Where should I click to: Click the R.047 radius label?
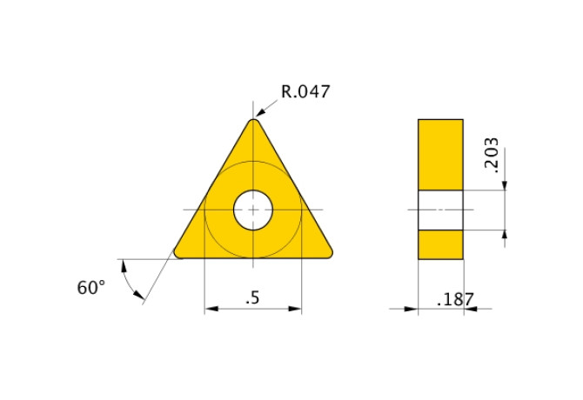point(305,91)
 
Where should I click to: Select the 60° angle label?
point(90,288)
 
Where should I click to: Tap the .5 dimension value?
point(252,298)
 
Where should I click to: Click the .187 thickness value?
point(454,300)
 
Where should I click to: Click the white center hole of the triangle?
point(253,210)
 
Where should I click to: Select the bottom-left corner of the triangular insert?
point(180,252)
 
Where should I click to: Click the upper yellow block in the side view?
point(440,154)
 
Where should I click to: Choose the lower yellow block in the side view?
point(440,244)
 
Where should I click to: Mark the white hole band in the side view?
point(440,210)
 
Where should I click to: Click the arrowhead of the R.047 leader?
point(259,114)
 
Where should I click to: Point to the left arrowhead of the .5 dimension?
point(210,308)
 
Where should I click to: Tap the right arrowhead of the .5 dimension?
point(297,308)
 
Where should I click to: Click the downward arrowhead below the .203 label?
point(505,183)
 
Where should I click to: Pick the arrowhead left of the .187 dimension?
point(412,308)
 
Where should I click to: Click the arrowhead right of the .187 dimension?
point(469,308)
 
